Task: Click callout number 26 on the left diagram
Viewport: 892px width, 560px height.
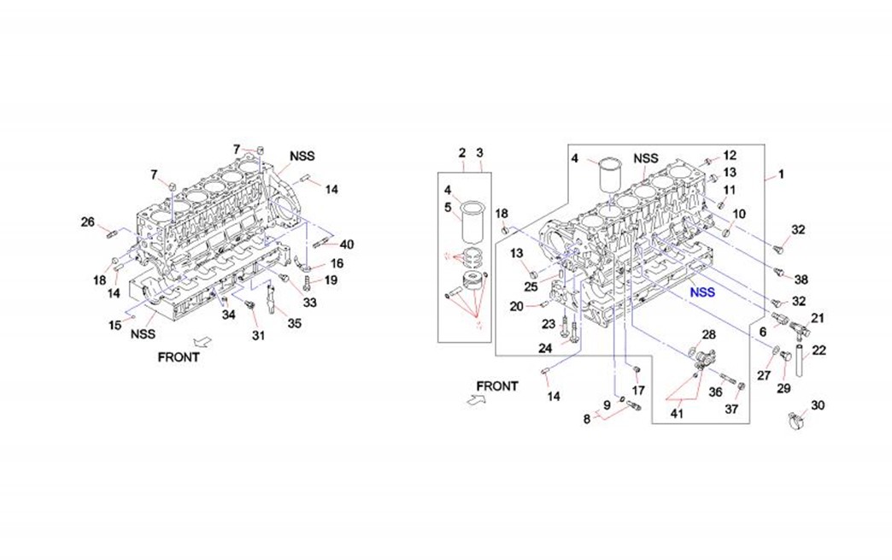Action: [x=88, y=222]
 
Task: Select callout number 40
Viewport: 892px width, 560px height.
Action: [x=346, y=244]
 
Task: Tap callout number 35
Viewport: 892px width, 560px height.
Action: [x=294, y=323]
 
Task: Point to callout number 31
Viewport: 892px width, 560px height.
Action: [x=258, y=336]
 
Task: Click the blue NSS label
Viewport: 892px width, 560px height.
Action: [x=704, y=292]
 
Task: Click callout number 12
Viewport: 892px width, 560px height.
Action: [x=729, y=155]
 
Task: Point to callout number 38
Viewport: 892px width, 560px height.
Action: [x=801, y=280]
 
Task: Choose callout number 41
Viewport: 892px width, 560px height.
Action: [x=677, y=414]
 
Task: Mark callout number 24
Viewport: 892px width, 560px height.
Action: [x=545, y=348]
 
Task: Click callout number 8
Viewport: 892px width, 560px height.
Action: [x=587, y=420]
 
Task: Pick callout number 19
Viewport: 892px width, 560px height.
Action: [x=331, y=280]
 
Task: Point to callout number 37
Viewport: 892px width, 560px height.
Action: [x=731, y=410]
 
